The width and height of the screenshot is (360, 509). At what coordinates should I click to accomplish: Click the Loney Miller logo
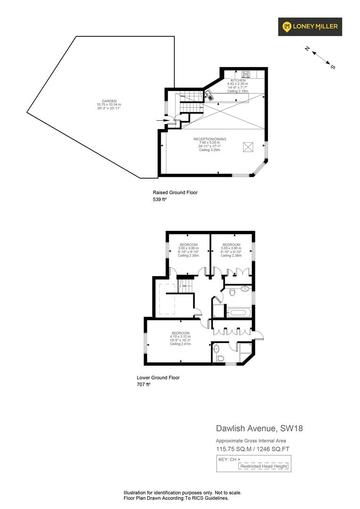310,26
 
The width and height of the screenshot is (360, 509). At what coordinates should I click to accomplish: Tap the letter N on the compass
307,49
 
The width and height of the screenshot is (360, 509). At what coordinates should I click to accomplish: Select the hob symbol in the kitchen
245,74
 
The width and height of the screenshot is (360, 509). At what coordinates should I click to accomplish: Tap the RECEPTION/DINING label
210,139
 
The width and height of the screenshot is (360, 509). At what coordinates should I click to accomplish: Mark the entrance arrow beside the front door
167,120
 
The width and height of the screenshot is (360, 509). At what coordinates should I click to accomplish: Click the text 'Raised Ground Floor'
175,192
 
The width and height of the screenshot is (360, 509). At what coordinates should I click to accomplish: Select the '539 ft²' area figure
160,200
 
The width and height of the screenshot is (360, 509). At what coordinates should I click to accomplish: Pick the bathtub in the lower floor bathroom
239,312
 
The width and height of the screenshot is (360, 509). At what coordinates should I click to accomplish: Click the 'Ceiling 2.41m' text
180,344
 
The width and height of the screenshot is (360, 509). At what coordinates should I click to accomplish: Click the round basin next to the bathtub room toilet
245,289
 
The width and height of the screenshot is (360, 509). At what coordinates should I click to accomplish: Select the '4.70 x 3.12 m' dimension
180,337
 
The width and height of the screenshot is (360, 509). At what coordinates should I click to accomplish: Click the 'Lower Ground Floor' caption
158,378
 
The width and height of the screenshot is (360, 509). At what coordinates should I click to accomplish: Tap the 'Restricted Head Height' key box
263,466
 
